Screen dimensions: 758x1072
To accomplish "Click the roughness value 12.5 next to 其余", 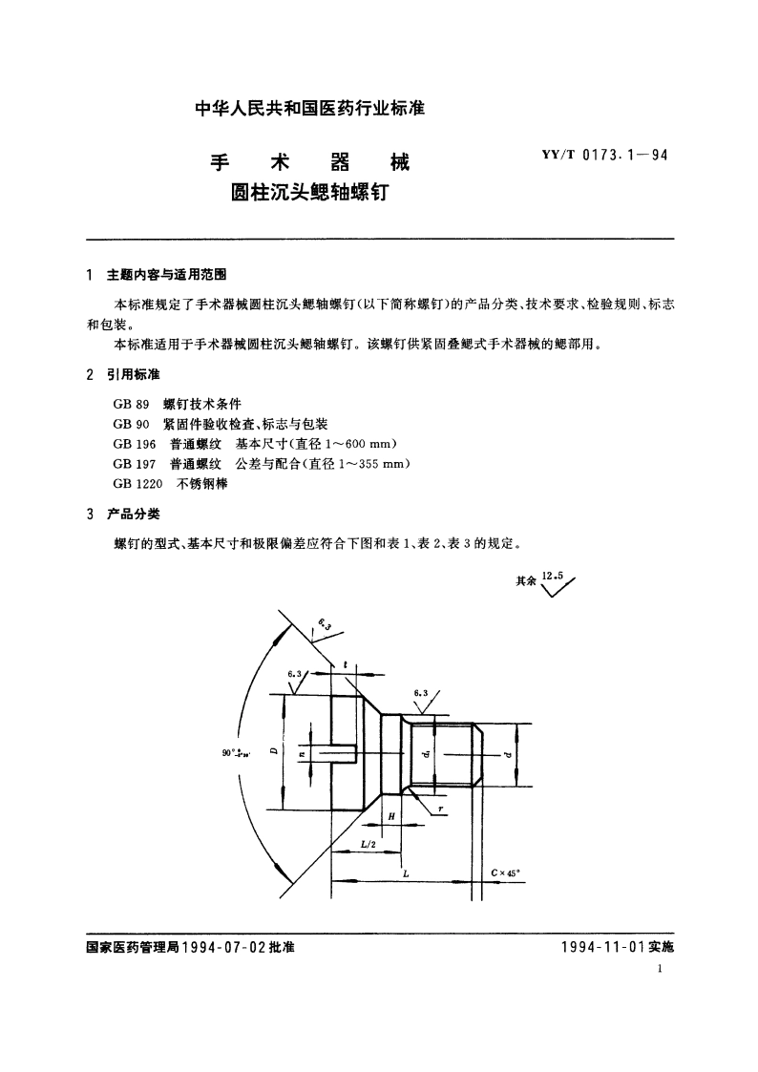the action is [x=553, y=576].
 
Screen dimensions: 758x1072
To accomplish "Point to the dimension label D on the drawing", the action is [x=273, y=752].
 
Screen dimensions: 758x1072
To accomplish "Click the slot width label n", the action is [x=303, y=752].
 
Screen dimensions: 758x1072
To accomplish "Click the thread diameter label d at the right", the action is [x=508, y=754].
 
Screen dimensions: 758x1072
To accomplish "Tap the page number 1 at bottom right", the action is [x=662, y=970].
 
